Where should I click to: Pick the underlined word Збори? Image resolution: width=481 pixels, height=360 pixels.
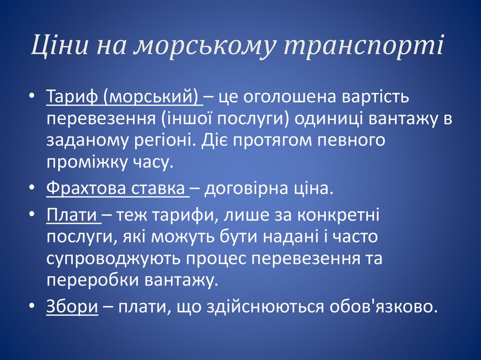[72, 307]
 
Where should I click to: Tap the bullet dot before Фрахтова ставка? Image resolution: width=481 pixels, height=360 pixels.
[31, 189]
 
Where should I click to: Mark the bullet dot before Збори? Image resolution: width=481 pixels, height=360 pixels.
[31, 307]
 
